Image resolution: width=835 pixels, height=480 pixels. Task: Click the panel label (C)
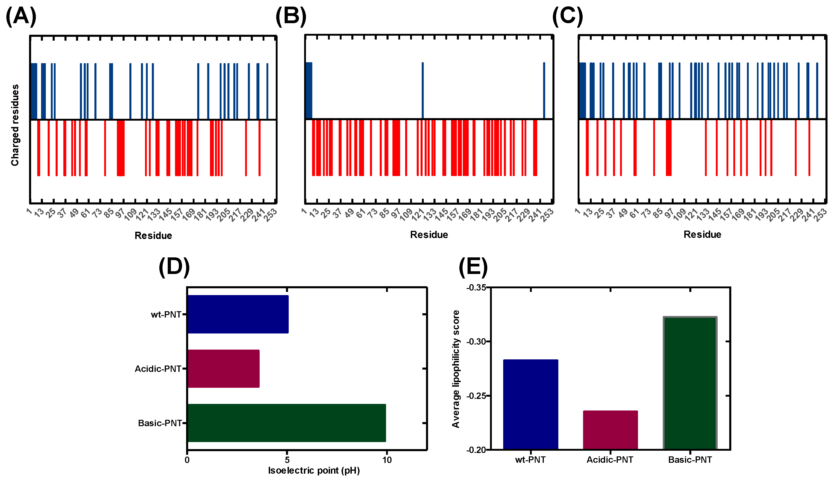tap(567, 16)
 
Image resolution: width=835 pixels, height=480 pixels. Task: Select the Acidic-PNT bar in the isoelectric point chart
tap(223, 368)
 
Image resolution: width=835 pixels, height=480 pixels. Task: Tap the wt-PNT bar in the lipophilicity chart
tap(531, 405)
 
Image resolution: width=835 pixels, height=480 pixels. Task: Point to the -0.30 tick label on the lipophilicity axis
tap(476, 341)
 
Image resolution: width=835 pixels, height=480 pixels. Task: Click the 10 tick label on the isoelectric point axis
tap(387, 460)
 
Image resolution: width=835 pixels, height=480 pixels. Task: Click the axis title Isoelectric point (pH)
tap(314, 470)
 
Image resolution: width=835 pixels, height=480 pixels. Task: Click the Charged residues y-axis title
tap(15, 125)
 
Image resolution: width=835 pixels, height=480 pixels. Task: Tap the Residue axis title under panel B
tap(429, 235)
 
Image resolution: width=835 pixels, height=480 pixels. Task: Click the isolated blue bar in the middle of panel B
tap(423, 90)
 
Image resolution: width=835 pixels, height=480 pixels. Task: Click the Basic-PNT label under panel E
tap(690, 460)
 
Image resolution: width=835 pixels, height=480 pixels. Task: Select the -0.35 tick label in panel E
tap(476, 287)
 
